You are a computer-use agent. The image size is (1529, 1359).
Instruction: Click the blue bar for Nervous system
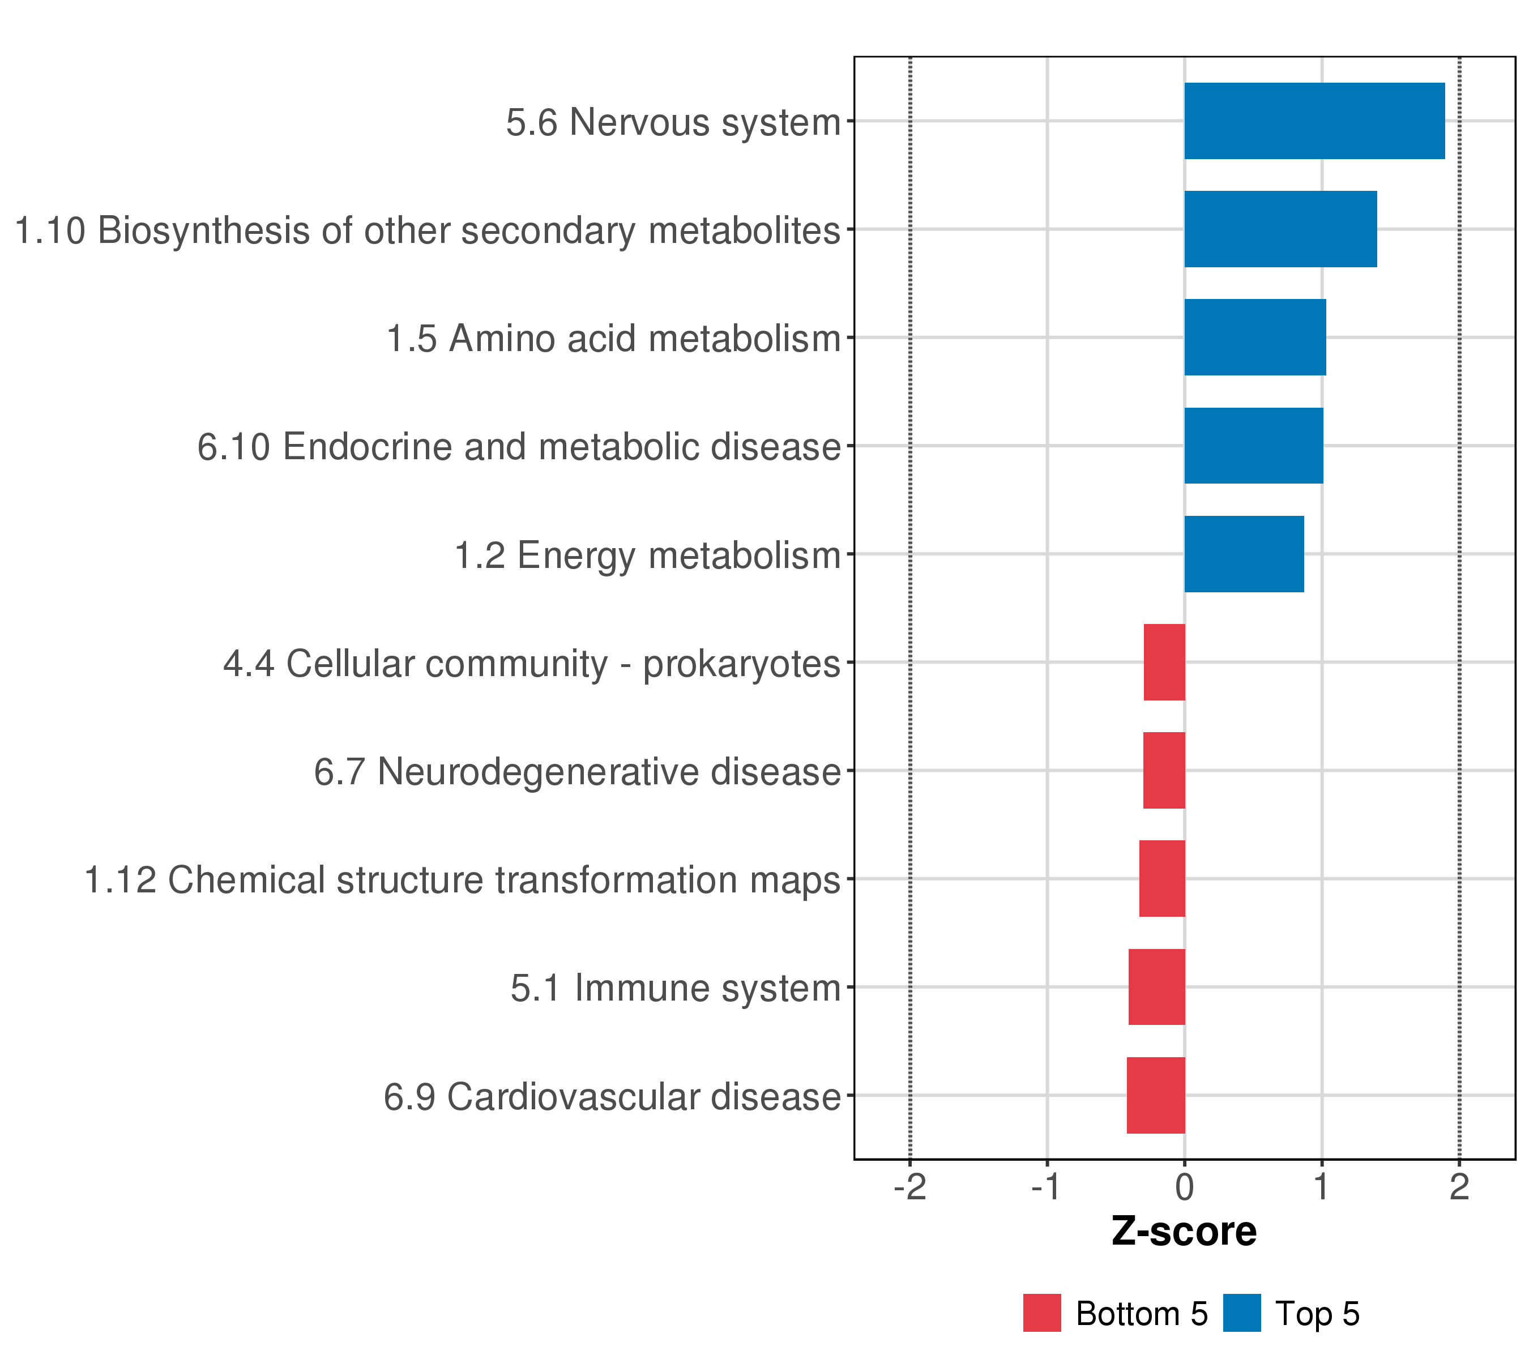pos(1314,121)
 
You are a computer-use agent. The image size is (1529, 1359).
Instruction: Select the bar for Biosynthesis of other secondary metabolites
pos(1280,229)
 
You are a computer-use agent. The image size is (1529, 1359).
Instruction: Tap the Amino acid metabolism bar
pos(1254,337)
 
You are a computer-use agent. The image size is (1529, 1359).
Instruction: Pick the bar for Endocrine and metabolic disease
pos(1253,446)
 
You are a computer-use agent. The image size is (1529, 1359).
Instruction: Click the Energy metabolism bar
pos(1243,554)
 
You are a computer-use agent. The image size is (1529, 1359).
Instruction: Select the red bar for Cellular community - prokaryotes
pos(1164,662)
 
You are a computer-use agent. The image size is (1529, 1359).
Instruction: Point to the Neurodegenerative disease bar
pos(1163,770)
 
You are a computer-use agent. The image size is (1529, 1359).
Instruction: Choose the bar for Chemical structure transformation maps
pos(1161,879)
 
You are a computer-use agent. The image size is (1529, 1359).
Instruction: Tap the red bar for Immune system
pos(1156,986)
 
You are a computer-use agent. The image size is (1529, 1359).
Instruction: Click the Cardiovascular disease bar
pos(1156,1095)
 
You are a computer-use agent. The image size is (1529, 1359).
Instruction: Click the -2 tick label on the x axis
pos(909,1187)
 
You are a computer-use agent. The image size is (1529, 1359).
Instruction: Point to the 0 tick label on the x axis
pos(1184,1187)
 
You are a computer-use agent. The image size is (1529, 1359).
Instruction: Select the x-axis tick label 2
pos(1459,1187)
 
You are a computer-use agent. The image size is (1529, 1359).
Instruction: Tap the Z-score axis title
pos(1184,1232)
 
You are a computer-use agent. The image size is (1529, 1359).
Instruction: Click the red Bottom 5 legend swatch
pos(1042,1313)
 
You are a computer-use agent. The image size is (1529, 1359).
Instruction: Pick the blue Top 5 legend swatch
pos(1242,1313)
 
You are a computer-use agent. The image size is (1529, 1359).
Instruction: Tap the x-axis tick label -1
pos(1046,1187)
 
